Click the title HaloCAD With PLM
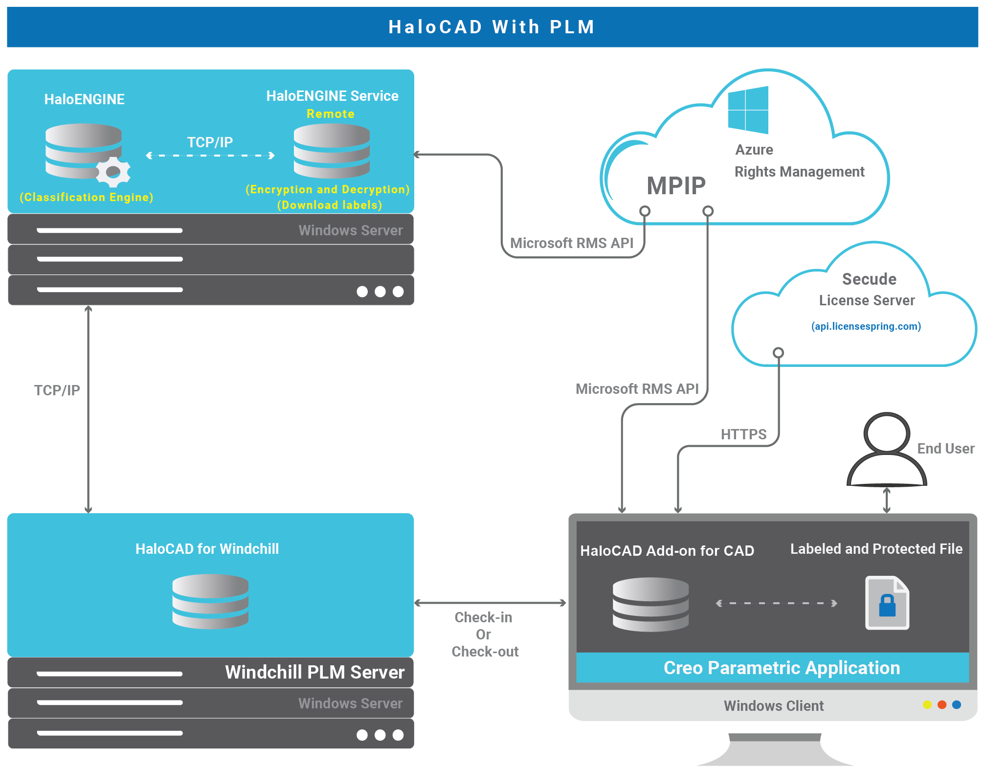[492, 27]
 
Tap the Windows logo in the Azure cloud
[748, 110]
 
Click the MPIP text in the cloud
[676, 186]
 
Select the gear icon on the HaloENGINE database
[113, 172]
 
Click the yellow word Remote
[330, 114]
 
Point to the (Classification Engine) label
[87, 197]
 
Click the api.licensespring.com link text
[866, 326]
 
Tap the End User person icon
[886, 450]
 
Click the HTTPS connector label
[743, 434]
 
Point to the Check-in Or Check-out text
[484, 635]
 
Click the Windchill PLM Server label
[314, 672]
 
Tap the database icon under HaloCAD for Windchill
[210, 601]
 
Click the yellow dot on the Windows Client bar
[927, 705]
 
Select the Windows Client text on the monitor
[774, 706]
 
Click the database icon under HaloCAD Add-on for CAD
[650, 604]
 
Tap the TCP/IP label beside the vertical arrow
[57, 390]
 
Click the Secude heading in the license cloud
[869, 279]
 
